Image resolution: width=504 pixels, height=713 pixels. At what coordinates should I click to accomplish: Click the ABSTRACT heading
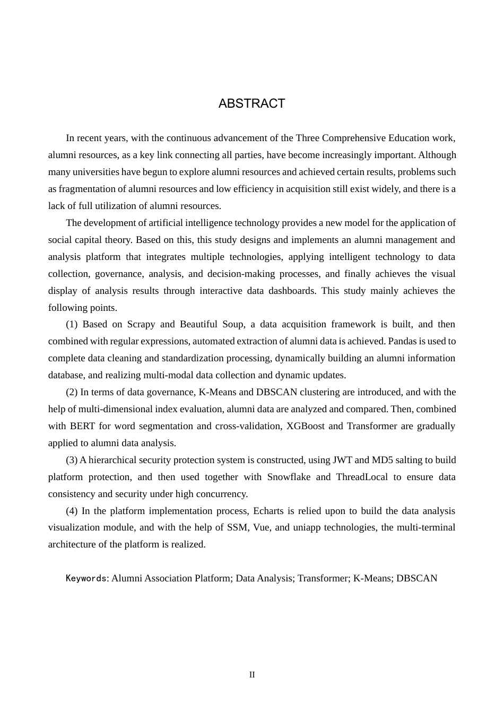(x=251, y=103)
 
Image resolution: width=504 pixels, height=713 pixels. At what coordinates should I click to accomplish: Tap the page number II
(x=252, y=675)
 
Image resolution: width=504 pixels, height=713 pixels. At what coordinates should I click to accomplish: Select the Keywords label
(x=86, y=578)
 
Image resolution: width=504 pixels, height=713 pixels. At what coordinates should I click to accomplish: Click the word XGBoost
(x=306, y=426)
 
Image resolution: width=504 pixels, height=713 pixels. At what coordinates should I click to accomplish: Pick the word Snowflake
(x=289, y=477)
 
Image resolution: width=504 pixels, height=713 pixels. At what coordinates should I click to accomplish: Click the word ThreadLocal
(x=362, y=477)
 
